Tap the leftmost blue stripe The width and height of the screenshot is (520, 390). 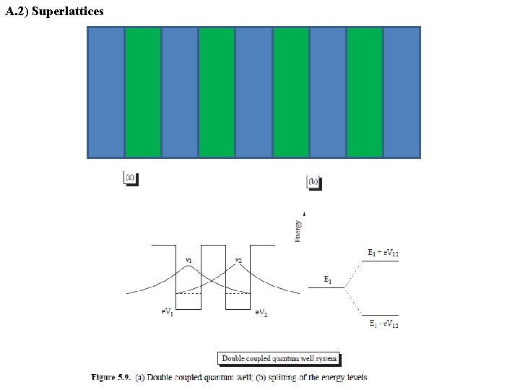[106, 92]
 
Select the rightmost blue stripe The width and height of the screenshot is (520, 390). [402, 92]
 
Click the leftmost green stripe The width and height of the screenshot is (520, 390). [143, 92]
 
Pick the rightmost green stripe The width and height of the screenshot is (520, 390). [365, 92]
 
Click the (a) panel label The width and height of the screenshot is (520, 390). [130, 177]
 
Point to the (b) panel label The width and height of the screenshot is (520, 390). [313, 182]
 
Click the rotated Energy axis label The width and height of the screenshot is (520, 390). [298, 231]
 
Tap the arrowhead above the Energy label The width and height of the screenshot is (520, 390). [305, 214]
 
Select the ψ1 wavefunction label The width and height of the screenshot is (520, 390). [188, 260]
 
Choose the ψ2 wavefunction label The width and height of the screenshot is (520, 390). [238, 260]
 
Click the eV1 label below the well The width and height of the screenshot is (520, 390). [166, 312]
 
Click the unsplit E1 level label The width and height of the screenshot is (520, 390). [328, 279]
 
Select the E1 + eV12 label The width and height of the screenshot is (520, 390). [383, 253]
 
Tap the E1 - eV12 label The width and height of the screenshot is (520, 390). [383, 325]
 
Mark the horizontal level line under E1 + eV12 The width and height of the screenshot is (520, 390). [380, 261]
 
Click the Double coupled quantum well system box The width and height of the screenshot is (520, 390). [279, 358]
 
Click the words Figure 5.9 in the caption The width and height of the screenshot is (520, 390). [110, 377]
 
